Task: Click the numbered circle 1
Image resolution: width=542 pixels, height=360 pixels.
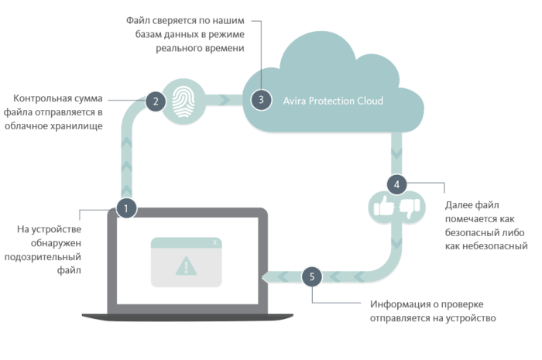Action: (x=126, y=208)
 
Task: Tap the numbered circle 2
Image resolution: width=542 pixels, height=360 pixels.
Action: (x=156, y=101)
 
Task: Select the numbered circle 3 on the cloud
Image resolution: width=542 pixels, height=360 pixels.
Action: (x=261, y=100)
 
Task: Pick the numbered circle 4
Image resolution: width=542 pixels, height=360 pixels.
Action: (x=396, y=184)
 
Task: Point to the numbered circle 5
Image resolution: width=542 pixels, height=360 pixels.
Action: (x=312, y=276)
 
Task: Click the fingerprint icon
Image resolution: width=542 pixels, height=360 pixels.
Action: (x=184, y=101)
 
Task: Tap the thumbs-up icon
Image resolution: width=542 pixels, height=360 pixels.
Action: (x=384, y=206)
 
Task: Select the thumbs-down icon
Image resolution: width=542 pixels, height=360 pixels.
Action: (x=410, y=208)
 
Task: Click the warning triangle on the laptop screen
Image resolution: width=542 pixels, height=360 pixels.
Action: (x=186, y=266)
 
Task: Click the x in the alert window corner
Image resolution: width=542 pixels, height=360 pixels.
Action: (x=214, y=242)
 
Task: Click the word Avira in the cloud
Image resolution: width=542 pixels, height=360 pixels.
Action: (x=294, y=101)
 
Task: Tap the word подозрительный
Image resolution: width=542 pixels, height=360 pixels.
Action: (x=43, y=257)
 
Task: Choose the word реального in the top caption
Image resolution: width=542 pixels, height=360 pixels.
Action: (x=177, y=48)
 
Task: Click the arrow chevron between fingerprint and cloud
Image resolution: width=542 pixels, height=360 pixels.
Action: (x=225, y=100)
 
